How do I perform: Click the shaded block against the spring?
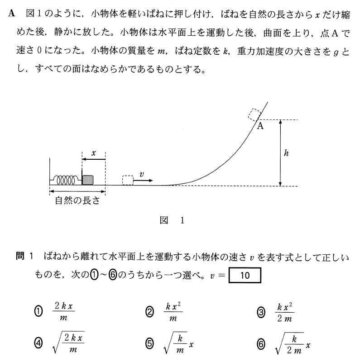(88, 180)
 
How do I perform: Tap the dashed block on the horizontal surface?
(128, 180)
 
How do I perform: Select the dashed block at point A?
(254, 113)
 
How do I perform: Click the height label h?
(286, 153)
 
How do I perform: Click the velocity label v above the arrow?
(141, 173)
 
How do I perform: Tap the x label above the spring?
(94, 153)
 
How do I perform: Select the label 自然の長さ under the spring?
(77, 201)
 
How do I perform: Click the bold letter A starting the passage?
(11, 13)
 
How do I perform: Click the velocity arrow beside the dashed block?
(144, 180)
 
